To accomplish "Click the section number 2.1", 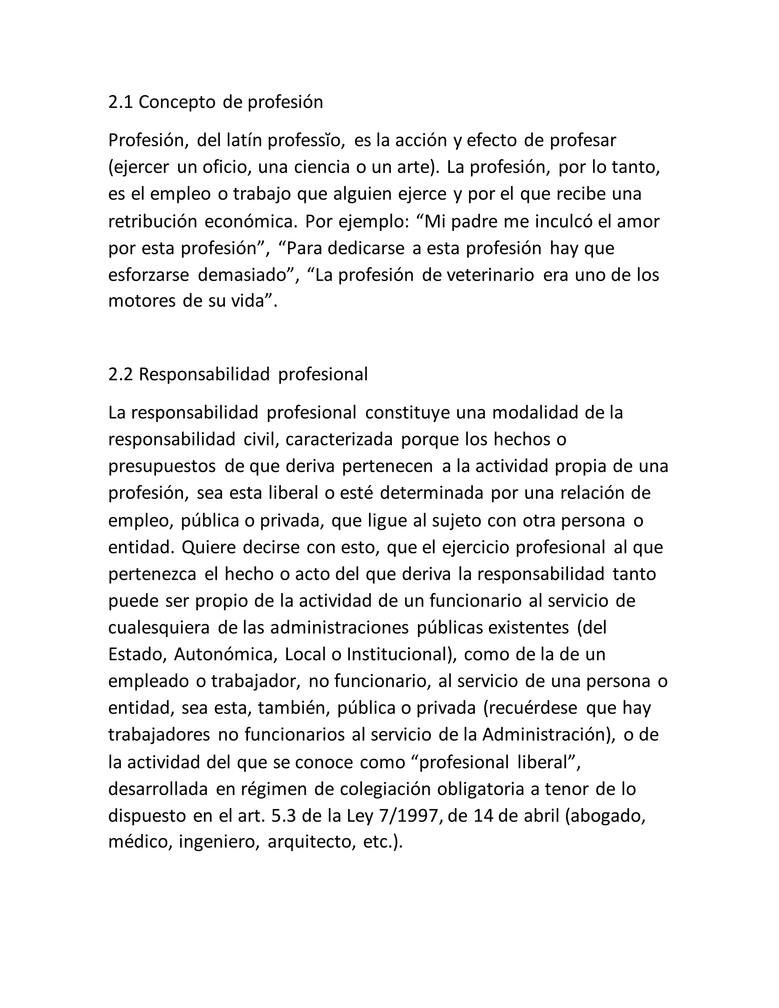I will pos(121,102).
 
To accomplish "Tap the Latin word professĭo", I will pos(306,140).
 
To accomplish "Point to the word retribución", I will pos(152,221).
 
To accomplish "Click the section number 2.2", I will pos(121,374).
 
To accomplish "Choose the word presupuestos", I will pos(162,467).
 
